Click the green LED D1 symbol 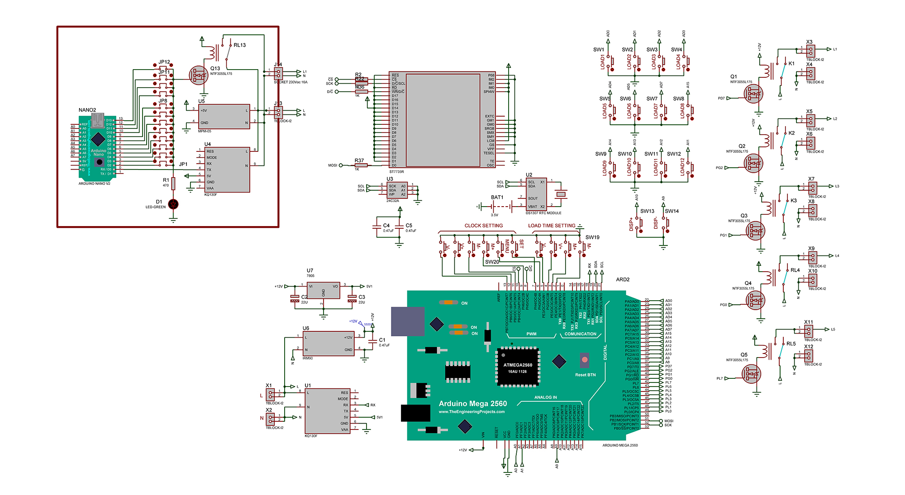tap(173, 204)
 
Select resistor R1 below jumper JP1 tap(173, 183)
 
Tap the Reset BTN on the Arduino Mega tap(585, 360)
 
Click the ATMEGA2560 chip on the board tap(518, 367)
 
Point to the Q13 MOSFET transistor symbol tap(198, 75)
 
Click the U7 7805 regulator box tap(323, 290)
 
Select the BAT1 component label tap(497, 198)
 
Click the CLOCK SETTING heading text tap(483, 226)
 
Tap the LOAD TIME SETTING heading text tap(551, 226)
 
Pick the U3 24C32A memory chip tap(397, 190)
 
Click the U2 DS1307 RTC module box tap(536, 194)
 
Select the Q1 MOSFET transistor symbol tap(753, 94)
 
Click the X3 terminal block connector tap(810, 51)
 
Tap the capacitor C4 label tap(386, 225)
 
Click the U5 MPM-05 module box tap(224, 117)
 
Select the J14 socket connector tap(279, 73)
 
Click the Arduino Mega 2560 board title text tap(472, 404)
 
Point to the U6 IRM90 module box tap(329, 344)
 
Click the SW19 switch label tap(592, 237)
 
